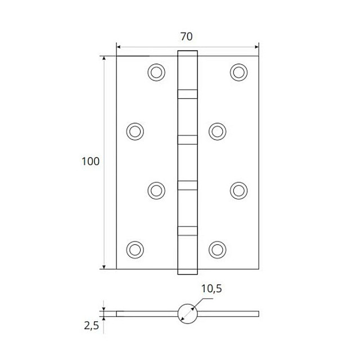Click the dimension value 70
[x=187, y=37]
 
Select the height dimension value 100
[x=90, y=161]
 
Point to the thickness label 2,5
[x=91, y=326]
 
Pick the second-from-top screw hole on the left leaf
[x=134, y=131]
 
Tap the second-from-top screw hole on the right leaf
[x=217, y=131]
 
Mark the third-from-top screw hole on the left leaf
[x=157, y=190]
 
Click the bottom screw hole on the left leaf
[x=134, y=249]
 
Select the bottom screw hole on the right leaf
[x=217, y=249]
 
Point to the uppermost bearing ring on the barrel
[x=188, y=93]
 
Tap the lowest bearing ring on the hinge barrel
[x=188, y=229]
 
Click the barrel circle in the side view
[x=188, y=313]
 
